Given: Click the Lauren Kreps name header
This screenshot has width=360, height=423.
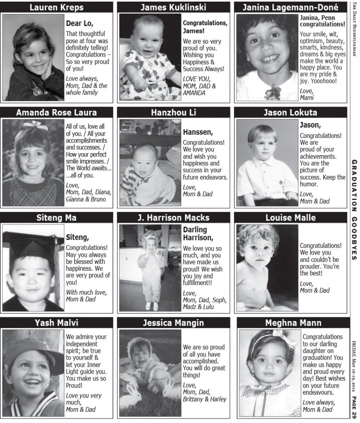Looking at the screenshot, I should pyautogui.click(x=56, y=7).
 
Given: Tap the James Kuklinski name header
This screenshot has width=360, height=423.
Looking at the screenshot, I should pyautogui.click(x=173, y=7).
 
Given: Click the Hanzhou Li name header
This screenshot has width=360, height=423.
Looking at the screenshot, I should pyautogui.click(x=173, y=113).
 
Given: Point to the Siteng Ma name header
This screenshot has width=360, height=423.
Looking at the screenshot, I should pyautogui.click(x=56, y=218).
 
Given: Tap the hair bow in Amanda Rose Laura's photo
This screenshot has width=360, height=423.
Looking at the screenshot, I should pyautogui.click(x=35, y=125).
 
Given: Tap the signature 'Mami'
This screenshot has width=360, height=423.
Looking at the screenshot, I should pyautogui.click(x=307, y=98).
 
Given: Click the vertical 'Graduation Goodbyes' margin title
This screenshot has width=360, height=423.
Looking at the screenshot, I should pyautogui.click(x=355, y=209).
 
